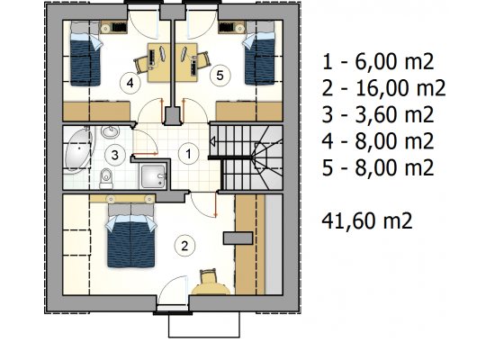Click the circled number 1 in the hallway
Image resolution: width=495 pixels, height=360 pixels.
click(x=188, y=154)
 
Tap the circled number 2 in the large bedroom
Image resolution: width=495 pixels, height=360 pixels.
click(x=184, y=246)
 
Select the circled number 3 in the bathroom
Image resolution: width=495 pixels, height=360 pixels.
click(x=115, y=155)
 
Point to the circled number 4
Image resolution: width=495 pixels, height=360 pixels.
click(x=130, y=83)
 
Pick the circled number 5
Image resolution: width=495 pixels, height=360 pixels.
click(x=220, y=76)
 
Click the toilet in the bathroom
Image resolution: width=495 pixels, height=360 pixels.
click(x=106, y=178)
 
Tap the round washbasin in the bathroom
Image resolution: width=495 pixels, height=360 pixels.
click(x=110, y=132)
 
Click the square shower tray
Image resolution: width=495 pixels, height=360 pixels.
click(x=153, y=176)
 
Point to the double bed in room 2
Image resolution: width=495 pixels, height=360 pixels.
click(x=131, y=235)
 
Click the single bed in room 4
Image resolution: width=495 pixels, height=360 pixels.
click(x=85, y=54)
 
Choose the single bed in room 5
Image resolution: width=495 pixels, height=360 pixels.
click(x=259, y=53)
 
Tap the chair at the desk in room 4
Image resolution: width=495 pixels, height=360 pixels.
click(x=141, y=64)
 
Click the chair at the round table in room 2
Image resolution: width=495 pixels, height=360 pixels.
click(x=209, y=276)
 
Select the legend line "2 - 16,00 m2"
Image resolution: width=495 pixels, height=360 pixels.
click(x=383, y=88)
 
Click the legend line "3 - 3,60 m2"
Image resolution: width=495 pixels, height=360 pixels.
click(x=378, y=114)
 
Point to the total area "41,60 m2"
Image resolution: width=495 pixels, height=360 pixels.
click(x=367, y=220)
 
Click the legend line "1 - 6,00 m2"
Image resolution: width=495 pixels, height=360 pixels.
click(x=378, y=61)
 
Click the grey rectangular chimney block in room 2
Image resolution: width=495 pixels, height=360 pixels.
click(x=238, y=238)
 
